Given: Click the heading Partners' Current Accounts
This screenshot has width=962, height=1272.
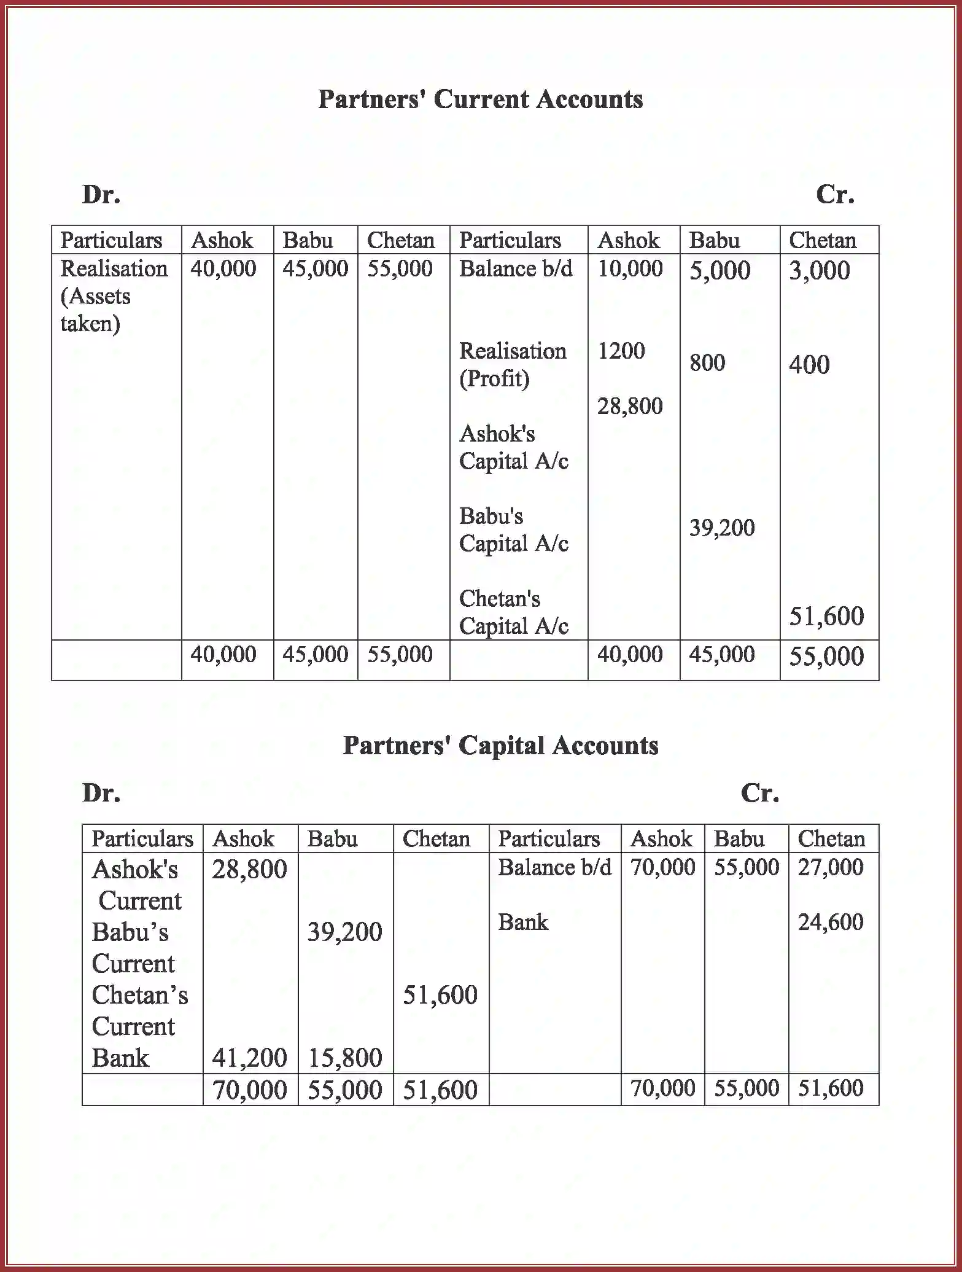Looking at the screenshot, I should click(480, 99).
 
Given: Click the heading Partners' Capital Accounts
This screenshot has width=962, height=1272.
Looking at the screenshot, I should click(500, 746).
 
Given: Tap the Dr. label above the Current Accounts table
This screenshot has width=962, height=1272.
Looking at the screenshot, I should click(101, 195).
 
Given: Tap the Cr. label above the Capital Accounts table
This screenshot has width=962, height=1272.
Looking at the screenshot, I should click(759, 793).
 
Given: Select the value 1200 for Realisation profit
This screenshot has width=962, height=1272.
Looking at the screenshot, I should click(621, 351).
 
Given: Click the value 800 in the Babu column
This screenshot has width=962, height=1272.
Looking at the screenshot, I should click(707, 363).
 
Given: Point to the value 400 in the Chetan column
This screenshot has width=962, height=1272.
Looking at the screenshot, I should click(809, 365).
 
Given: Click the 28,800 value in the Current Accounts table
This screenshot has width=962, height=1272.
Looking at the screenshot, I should click(630, 406).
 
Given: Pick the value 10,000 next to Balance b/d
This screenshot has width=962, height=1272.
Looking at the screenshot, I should click(630, 268).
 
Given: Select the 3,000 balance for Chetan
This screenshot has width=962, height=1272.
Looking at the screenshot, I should click(819, 271).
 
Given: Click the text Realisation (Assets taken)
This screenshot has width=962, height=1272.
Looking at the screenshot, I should click(113, 296).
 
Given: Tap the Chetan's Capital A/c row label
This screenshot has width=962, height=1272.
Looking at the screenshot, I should click(513, 612).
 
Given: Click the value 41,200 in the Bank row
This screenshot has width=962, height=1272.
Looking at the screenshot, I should click(249, 1058).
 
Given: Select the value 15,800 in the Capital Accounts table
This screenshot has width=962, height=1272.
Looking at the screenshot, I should click(345, 1058).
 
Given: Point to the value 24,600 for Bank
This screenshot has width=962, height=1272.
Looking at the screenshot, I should click(830, 922).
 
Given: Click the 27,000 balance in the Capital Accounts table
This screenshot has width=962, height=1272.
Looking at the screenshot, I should click(830, 867).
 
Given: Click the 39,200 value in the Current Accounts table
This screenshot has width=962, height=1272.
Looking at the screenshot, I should click(722, 528).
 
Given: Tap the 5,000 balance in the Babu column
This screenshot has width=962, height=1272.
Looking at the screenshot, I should click(720, 271).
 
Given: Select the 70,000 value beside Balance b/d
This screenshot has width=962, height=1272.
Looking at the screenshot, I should click(662, 867).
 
